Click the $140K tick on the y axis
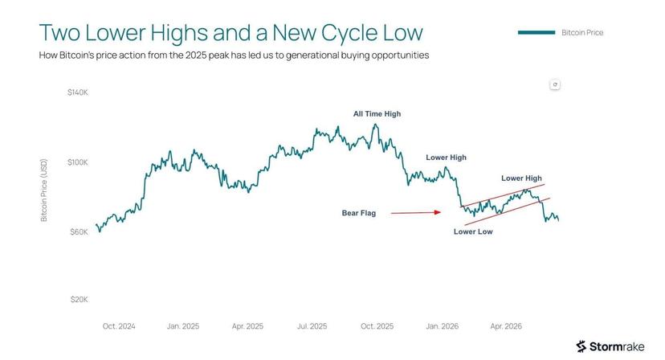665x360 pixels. (78, 92)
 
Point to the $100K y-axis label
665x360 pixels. (78, 162)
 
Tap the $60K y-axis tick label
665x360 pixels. (79, 231)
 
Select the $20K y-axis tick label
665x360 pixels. (79, 300)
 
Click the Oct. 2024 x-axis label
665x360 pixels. (119, 326)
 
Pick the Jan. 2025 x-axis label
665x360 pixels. (183, 326)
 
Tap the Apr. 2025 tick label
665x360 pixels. (247, 326)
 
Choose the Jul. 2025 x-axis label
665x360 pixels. (312, 326)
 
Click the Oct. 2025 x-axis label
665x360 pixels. (377, 326)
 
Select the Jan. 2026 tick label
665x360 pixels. (443, 326)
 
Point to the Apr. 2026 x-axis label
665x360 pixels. (506, 326)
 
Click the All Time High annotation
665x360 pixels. (377, 114)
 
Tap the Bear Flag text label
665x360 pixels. (359, 213)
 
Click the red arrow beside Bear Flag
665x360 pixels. (416, 212)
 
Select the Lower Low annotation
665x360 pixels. (473, 231)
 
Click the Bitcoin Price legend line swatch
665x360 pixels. (536, 32)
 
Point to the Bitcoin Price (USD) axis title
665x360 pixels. (43, 190)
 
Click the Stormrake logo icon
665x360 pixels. (581, 346)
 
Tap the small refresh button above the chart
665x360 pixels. (555, 84)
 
